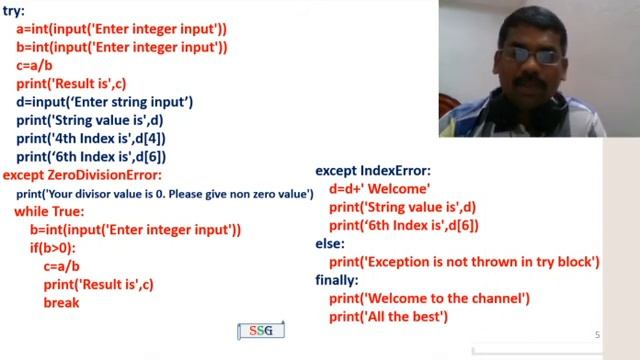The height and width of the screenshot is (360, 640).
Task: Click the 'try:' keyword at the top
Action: [x=15, y=12]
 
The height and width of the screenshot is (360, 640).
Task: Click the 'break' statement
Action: [x=61, y=302]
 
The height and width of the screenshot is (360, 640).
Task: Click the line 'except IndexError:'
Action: [x=373, y=171]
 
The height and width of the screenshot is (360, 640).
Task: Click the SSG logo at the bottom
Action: [x=261, y=331]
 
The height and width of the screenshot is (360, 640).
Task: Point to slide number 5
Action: [x=597, y=335]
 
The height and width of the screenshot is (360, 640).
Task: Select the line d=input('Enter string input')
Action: [x=104, y=102]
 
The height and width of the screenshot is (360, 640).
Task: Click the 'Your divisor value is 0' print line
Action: [x=165, y=193]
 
